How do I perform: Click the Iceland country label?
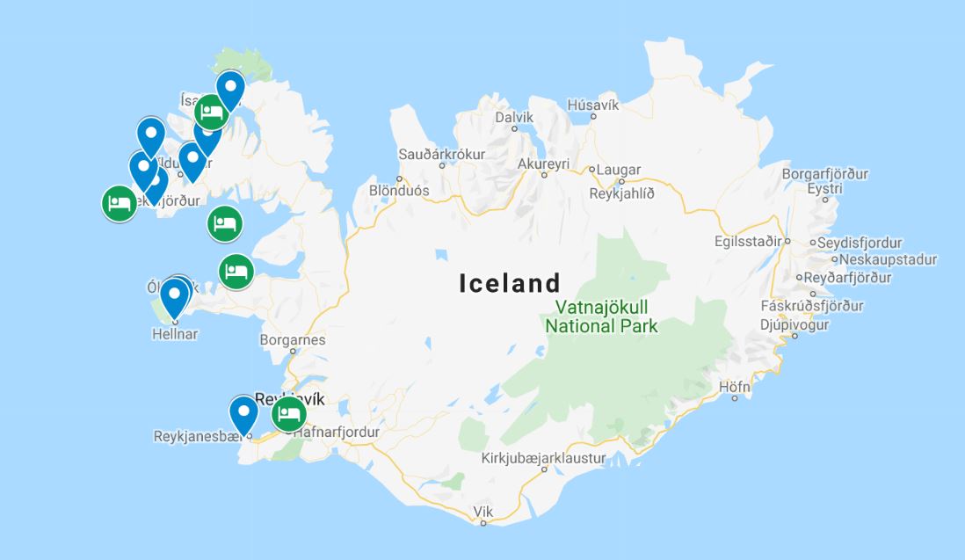[x=510, y=283]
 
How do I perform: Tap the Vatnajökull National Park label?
[x=601, y=316]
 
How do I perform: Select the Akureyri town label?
[x=544, y=164]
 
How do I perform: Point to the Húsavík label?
[x=593, y=105]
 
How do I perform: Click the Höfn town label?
[x=734, y=386]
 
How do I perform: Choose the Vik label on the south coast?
[x=483, y=511]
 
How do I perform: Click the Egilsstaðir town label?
[x=748, y=240]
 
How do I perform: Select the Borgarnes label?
[x=293, y=339]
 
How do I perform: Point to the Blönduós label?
[x=399, y=190]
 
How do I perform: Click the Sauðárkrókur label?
[x=441, y=154]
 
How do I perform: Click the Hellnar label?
[x=175, y=334]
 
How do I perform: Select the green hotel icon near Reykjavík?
[x=288, y=413]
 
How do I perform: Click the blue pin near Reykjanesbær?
[x=243, y=412]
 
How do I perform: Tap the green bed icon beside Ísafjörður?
[x=211, y=113]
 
